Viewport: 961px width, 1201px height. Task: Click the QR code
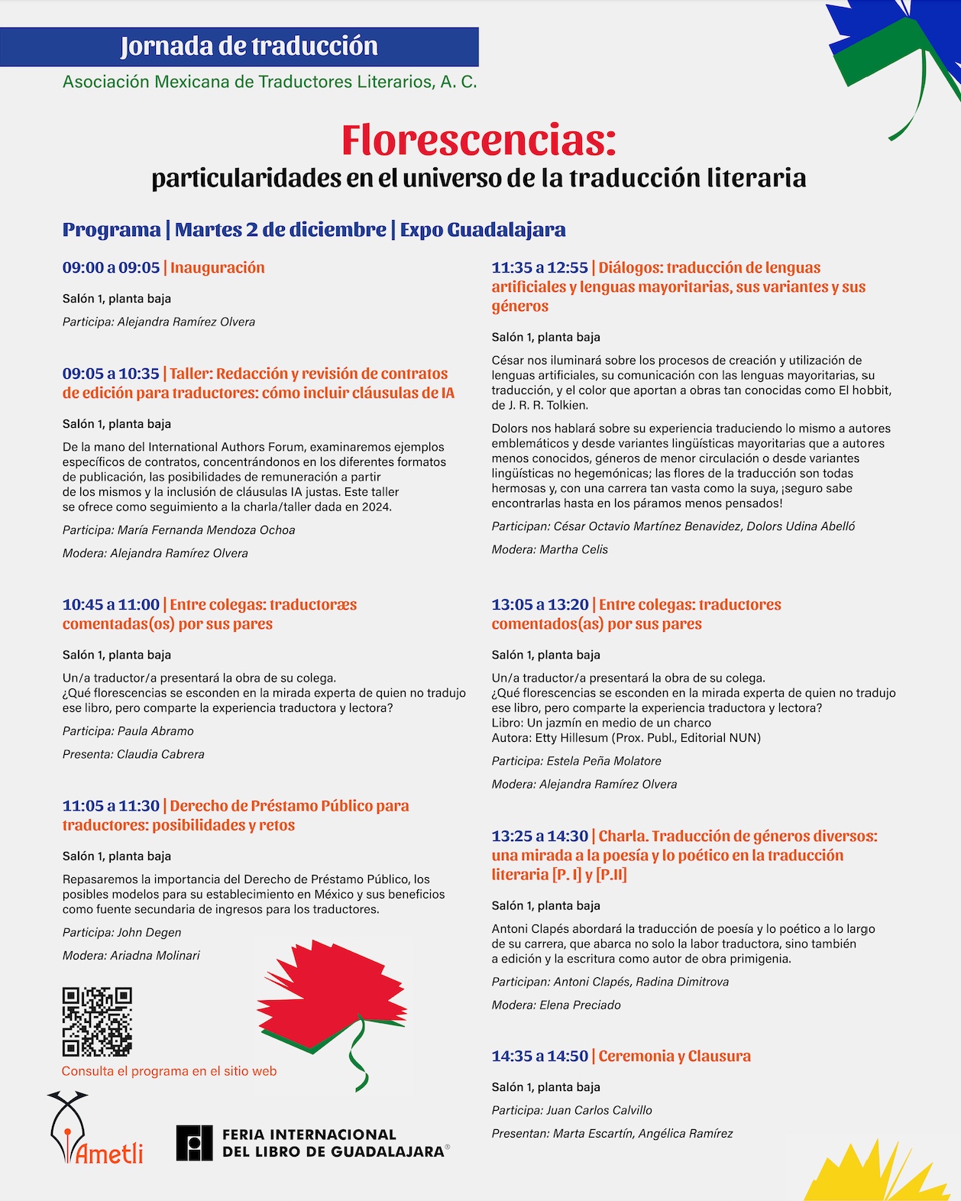pyautogui.click(x=97, y=1021)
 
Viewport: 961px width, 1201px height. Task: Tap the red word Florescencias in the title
pyautogui.click(x=478, y=140)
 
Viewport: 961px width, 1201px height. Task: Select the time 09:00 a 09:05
pyautogui.click(x=111, y=268)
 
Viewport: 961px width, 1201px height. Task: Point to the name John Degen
pyautogui.click(x=149, y=933)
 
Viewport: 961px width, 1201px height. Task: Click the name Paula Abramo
pyautogui.click(x=155, y=731)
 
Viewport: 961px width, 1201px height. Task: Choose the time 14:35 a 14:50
pyautogui.click(x=539, y=1057)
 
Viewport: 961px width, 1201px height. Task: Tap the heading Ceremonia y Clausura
pyautogui.click(x=675, y=1057)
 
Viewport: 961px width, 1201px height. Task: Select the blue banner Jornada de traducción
pyautogui.click(x=239, y=47)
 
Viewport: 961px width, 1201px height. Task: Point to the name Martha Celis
pyautogui.click(x=573, y=549)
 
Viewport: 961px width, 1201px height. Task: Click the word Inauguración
pyautogui.click(x=218, y=268)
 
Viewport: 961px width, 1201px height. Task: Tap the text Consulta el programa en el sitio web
pyautogui.click(x=169, y=1071)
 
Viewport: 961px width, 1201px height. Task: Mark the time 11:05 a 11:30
pyautogui.click(x=111, y=806)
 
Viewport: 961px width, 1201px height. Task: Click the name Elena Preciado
pyautogui.click(x=580, y=1005)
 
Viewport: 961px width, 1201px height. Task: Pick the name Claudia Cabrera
pyautogui.click(x=160, y=754)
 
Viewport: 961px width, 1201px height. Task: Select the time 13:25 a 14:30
pyautogui.click(x=539, y=837)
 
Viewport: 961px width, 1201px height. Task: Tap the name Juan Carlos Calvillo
pyautogui.click(x=600, y=1110)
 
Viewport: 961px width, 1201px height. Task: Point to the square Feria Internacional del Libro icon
pyautogui.click(x=194, y=1143)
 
